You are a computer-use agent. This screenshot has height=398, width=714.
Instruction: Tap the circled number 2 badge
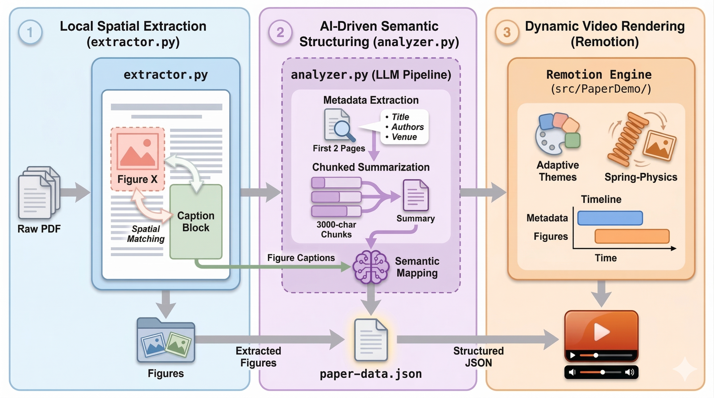pos(280,32)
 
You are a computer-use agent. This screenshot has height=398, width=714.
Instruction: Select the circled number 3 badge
pos(507,32)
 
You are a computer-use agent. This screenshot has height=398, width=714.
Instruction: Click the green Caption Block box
pos(196,222)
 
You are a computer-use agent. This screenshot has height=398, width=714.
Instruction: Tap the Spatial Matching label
pos(146,234)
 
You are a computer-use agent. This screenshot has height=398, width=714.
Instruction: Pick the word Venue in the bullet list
pos(404,137)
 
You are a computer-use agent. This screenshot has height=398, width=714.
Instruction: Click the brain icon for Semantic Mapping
pos(370,267)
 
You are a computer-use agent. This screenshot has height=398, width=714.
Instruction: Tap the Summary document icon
pos(416,195)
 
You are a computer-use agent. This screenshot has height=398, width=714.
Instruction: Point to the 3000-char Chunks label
pos(336,229)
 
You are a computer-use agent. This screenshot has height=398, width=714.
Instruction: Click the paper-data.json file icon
pos(370,340)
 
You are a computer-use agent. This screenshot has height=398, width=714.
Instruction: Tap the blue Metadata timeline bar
pos(610,218)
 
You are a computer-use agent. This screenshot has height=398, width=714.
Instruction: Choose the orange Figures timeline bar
pos(632,236)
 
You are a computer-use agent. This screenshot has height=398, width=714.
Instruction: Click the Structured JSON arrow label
pos(478,357)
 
